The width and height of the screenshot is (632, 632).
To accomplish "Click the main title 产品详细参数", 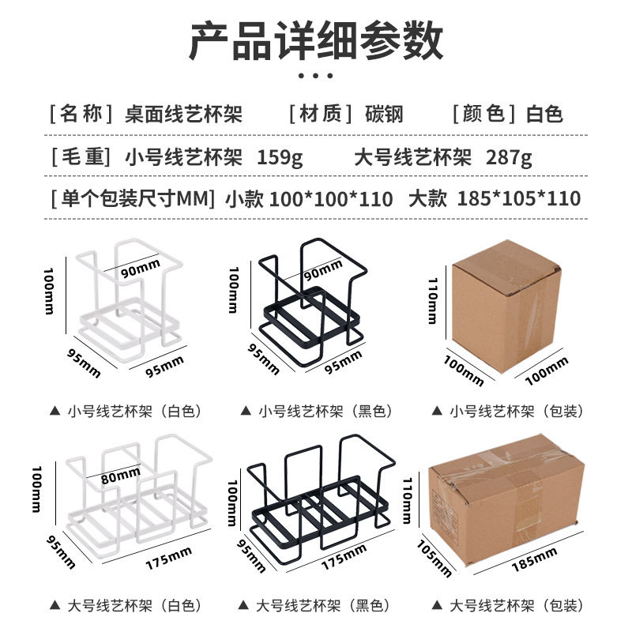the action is (316, 41).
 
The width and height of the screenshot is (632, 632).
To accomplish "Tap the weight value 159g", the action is (280, 156).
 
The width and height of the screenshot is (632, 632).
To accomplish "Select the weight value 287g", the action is (509, 156).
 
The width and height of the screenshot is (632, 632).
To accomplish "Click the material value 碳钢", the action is (384, 114).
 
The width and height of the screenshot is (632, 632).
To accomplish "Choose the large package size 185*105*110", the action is (518, 198).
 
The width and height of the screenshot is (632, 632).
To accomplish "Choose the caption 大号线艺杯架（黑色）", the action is (323, 606).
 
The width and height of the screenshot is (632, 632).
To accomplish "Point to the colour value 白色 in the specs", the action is (545, 114).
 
